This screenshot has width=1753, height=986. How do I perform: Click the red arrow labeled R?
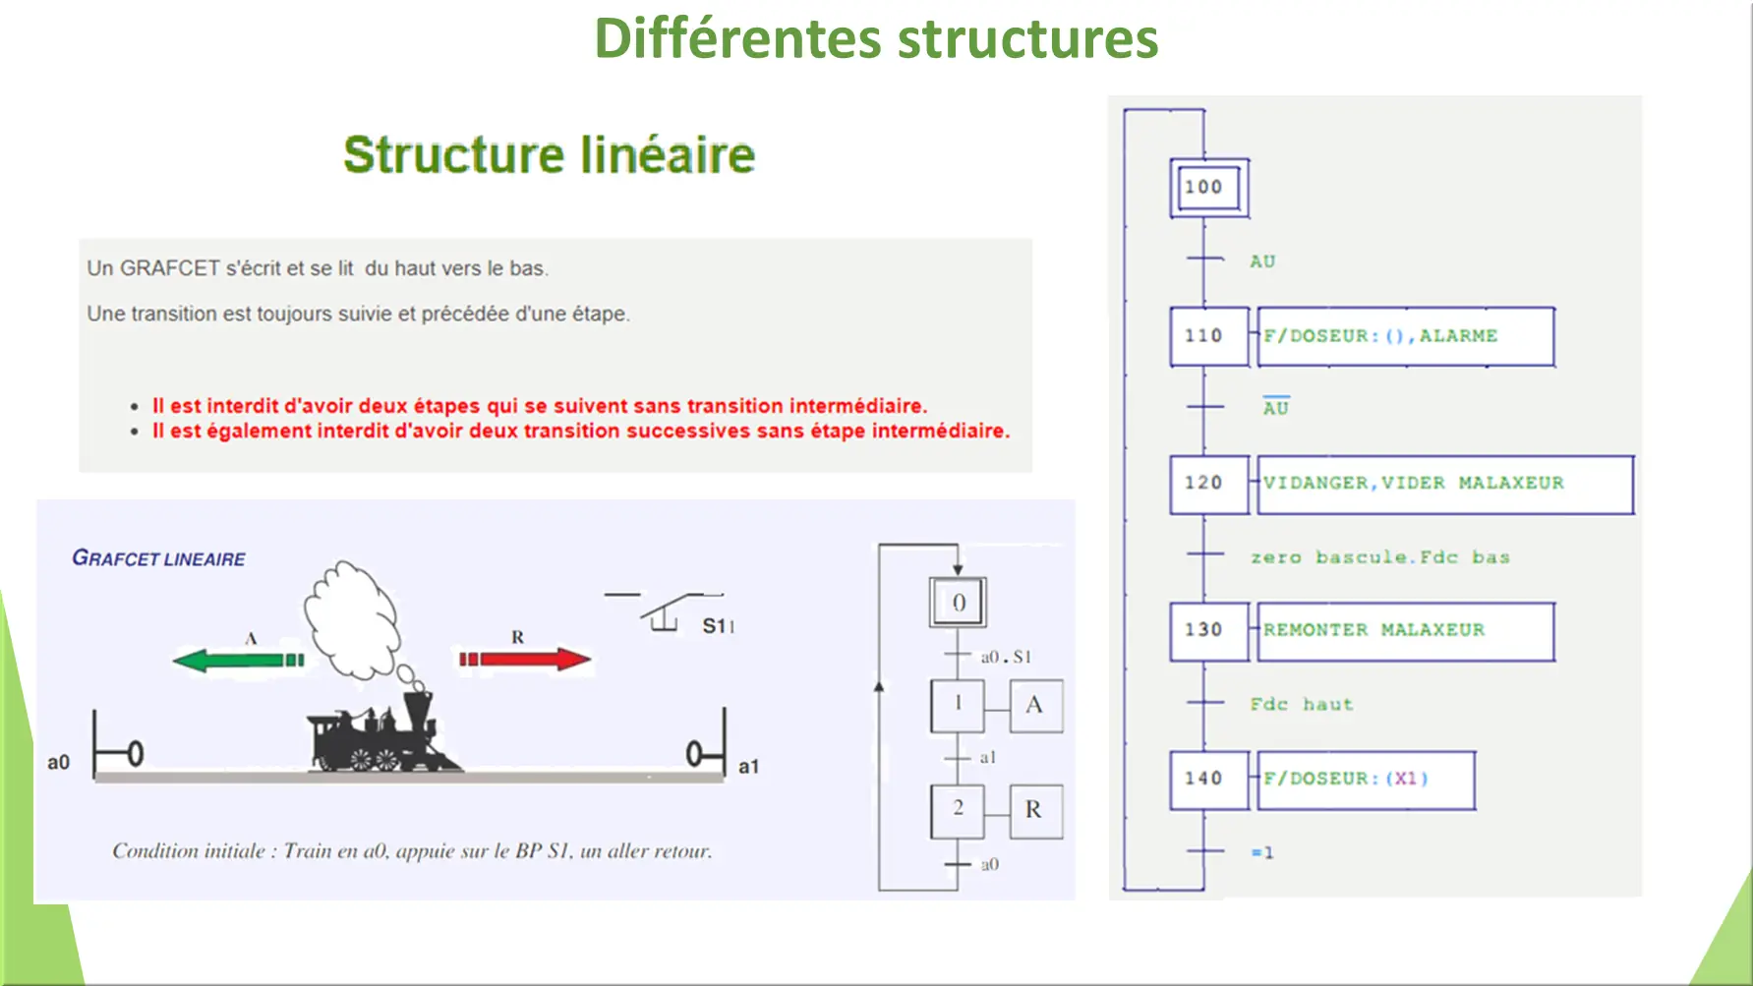(x=525, y=659)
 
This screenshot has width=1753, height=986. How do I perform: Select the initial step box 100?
(x=1208, y=187)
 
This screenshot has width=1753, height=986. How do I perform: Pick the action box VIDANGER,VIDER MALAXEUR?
(x=1443, y=484)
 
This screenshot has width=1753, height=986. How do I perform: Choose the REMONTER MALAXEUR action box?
(x=1404, y=631)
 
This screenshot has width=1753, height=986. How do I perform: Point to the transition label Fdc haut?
(x=1301, y=704)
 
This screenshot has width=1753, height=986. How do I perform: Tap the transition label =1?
(x=1262, y=852)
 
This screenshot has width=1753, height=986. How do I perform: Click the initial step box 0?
(x=958, y=603)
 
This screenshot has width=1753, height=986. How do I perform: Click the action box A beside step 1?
(x=1035, y=705)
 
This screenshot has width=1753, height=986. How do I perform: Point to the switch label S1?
(x=718, y=626)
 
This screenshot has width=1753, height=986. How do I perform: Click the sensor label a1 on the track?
(x=748, y=767)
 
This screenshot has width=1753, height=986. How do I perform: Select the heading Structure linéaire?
(x=549, y=155)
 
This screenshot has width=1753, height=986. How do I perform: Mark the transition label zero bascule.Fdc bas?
(x=1379, y=557)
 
